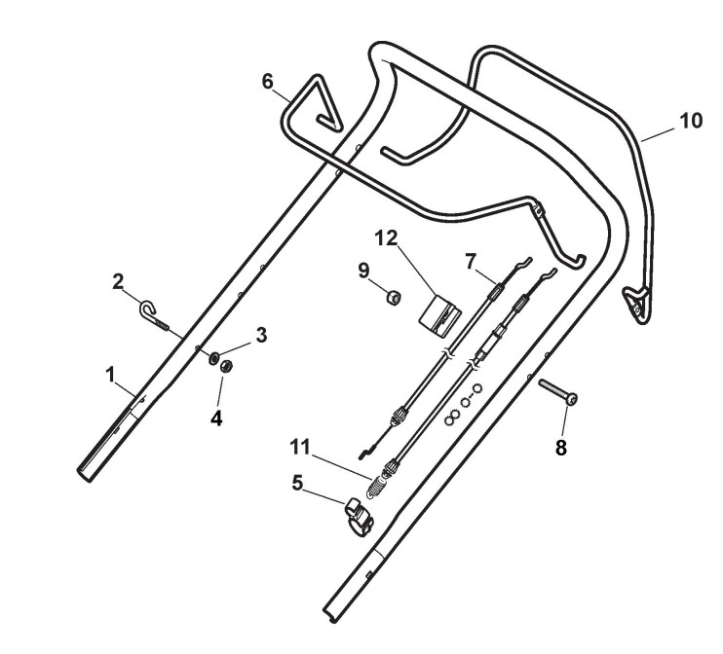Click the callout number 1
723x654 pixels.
point(110,373)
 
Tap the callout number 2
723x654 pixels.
point(119,282)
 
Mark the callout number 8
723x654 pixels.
point(560,448)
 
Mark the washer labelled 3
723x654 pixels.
point(210,356)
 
